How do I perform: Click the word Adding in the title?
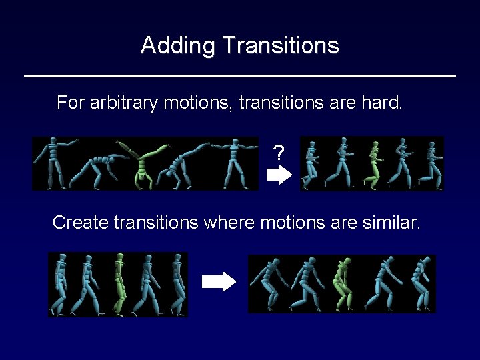[x=178, y=45]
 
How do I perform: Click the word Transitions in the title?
[x=281, y=45]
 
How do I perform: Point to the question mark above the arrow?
[x=279, y=154]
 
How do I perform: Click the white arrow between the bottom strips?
[x=219, y=282]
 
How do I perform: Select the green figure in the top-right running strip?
[x=373, y=164]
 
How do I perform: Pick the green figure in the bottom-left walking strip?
[x=119, y=284]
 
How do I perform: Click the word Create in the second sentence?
[x=81, y=223]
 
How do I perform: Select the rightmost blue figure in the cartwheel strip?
[x=234, y=163]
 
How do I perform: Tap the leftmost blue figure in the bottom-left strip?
[x=61, y=284]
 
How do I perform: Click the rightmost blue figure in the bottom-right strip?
[x=421, y=283]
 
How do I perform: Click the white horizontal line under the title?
[x=240, y=76]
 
